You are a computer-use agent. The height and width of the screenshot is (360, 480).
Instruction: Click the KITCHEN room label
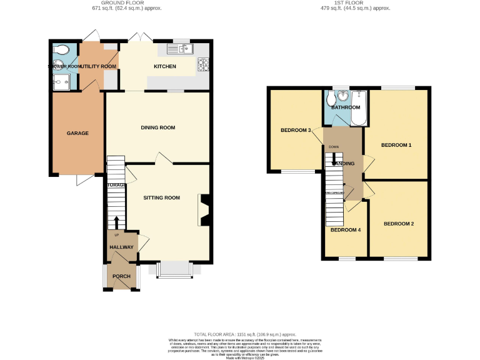(x=165, y=66)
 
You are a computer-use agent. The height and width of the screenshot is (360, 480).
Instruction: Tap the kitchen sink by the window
(x=182, y=48)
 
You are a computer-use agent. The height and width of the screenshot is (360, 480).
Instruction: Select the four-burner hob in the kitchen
(x=203, y=63)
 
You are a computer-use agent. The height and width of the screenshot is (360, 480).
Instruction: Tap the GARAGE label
(x=77, y=133)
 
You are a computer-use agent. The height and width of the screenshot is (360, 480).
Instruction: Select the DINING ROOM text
(x=157, y=127)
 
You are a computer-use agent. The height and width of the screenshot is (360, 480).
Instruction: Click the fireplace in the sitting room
(x=204, y=209)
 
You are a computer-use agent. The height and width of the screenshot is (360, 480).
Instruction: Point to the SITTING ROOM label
(x=161, y=197)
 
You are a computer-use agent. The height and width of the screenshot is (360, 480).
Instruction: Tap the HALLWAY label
(x=122, y=247)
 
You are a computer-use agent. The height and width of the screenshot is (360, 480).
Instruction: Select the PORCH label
(x=121, y=276)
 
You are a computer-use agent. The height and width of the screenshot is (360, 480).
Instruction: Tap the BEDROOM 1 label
(x=396, y=145)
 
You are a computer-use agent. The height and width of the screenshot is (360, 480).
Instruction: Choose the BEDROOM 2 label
(x=399, y=223)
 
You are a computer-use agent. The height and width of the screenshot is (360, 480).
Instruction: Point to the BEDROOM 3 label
(x=296, y=130)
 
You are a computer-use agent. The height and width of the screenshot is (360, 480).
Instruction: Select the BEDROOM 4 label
(x=346, y=229)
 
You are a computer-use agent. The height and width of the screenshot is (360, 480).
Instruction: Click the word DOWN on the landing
(x=334, y=147)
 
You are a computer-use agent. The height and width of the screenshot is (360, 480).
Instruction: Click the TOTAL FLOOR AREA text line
(x=244, y=334)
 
